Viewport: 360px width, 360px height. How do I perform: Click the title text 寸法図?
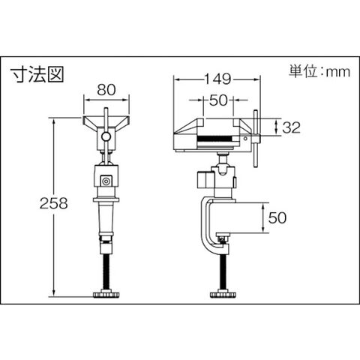click(x=37, y=74)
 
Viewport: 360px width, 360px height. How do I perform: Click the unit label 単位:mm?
click(x=319, y=71)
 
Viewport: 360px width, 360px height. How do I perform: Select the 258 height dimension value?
click(x=54, y=203)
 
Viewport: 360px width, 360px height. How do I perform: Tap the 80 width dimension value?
click(x=106, y=90)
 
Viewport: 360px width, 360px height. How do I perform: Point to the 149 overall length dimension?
click(x=217, y=79)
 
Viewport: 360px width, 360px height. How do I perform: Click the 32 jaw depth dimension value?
click(x=291, y=127)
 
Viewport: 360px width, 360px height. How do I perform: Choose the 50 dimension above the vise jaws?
click(x=219, y=100)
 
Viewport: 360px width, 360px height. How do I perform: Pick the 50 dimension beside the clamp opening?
click(x=277, y=217)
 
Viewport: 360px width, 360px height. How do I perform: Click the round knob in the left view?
click(x=106, y=136)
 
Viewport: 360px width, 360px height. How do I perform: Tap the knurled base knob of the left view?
click(x=106, y=295)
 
